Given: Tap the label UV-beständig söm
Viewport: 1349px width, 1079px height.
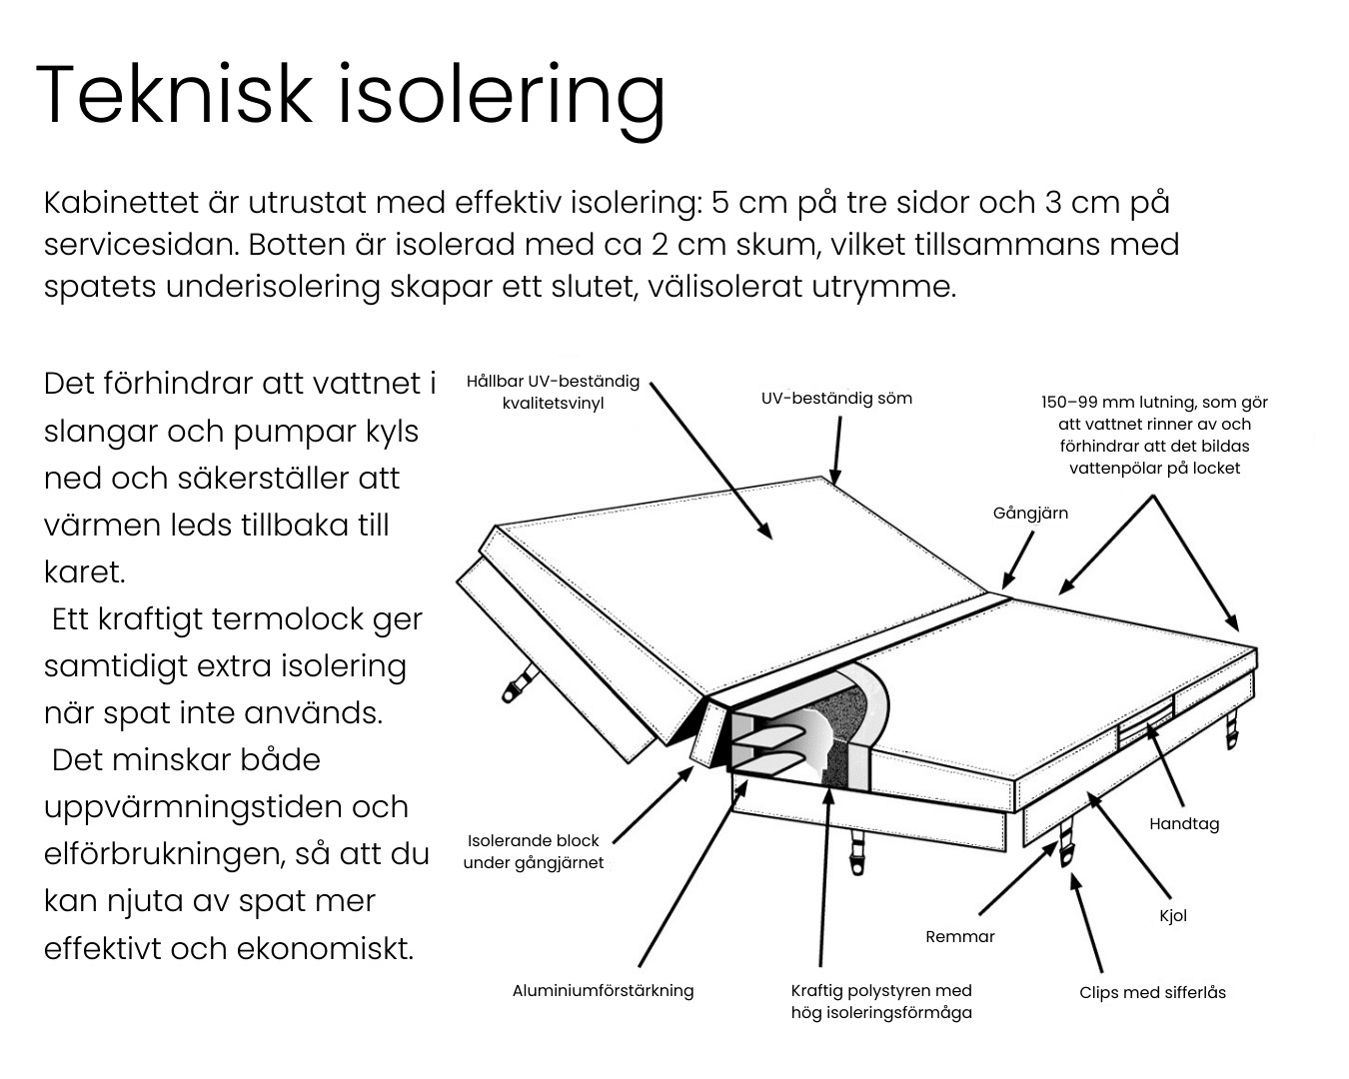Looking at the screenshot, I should point(836,398).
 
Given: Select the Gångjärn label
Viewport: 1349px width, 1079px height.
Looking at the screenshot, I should point(1030,513).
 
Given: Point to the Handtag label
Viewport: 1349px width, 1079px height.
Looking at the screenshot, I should point(1183,823).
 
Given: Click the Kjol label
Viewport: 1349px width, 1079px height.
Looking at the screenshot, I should point(1173,915).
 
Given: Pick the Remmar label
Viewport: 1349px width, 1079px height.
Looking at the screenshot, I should point(959,936).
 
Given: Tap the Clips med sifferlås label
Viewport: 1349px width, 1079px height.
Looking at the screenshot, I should point(1152,992).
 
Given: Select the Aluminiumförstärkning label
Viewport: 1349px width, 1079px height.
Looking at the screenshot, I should point(603,990).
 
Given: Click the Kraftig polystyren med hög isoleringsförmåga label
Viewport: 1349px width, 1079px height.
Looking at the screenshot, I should point(881,1001).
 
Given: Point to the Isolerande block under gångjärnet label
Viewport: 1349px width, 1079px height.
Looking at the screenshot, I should point(534,851).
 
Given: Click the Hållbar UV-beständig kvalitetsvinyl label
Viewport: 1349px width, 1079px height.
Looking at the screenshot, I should point(553,393).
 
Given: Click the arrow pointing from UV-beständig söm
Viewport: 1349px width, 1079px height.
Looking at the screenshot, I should point(837,450).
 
